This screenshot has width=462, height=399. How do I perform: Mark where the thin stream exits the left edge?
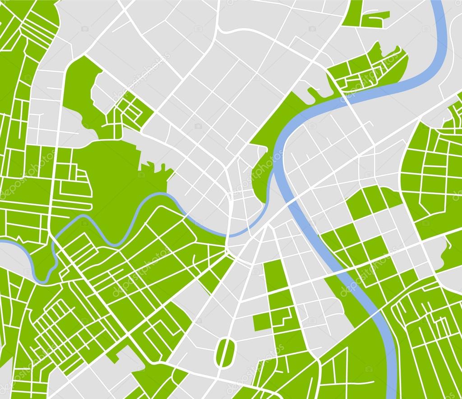pos(1,243)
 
